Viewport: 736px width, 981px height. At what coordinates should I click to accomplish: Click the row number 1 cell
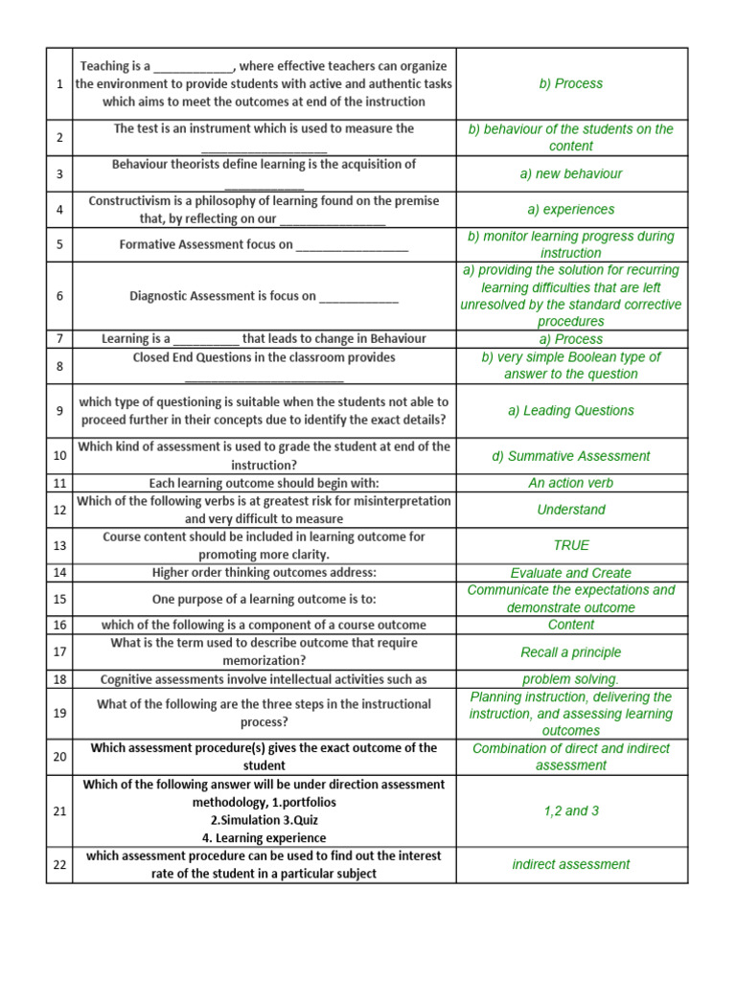coord(59,83)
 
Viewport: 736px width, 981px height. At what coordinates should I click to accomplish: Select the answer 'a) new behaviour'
coord(571,173)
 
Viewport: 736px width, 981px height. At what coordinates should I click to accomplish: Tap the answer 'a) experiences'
coord(571,209)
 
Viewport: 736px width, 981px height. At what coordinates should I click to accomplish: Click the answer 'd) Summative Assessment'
coord(571,456)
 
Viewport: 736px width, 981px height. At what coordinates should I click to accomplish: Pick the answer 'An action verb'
coord(571,483)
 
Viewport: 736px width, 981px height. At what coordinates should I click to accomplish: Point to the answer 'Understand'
coord(571,510)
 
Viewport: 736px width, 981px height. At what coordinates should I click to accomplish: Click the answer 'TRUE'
coord(571,545)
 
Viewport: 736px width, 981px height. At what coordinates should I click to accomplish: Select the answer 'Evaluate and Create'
coord(571,573)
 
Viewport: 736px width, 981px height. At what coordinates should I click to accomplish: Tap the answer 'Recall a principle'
coord(571,652)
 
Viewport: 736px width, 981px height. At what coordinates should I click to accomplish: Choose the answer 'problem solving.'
coord(571,679)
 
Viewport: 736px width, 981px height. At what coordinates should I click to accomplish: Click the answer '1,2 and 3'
coord(571,810)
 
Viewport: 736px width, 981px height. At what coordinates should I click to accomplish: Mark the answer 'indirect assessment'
coord(571,864)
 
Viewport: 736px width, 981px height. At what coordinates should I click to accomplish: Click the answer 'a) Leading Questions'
coord(571,410)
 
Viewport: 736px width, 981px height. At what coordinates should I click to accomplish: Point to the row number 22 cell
coord(59,864)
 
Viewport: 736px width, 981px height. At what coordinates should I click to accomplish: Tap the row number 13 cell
coord(59,545)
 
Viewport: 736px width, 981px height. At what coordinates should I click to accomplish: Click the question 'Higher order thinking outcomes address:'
coord(264,573)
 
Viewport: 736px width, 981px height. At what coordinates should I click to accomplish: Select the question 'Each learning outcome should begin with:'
coord(264,483)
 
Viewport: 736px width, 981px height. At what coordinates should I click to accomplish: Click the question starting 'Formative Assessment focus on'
coord(264,244)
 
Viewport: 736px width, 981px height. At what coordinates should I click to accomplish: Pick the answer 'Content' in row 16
coord(571,625)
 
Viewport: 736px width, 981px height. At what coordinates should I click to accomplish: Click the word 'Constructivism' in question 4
coord(130,201)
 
